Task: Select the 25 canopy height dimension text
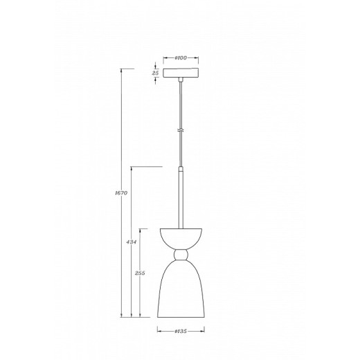pos(156,72)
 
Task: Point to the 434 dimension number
pos(130,243)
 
